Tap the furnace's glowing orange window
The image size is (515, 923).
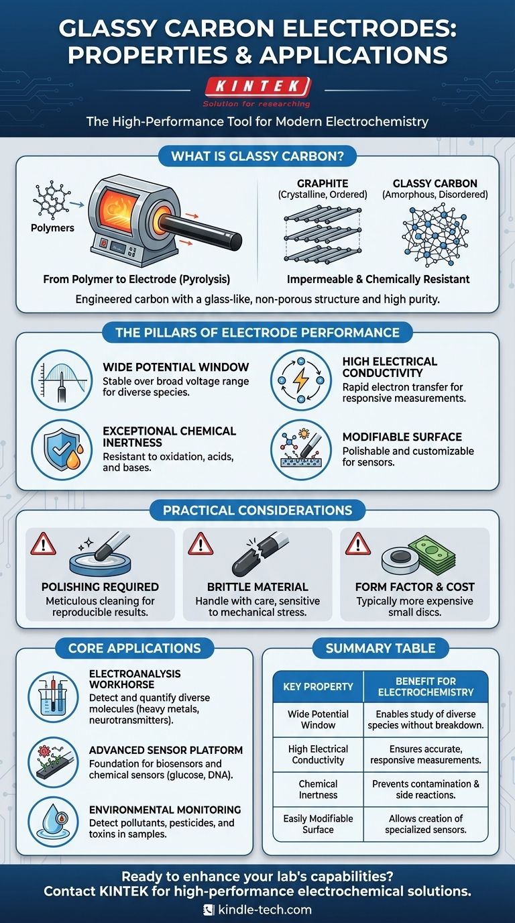pos(120,209)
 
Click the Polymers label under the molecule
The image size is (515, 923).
pos(52,228)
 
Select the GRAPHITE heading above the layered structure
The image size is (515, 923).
pos(323,183)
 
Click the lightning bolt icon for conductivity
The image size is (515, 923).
pos(301,380)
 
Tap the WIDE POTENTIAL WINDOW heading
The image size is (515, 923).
pos(176,367)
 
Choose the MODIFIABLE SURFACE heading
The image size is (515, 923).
pos(402,437)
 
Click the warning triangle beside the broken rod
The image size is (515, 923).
pos(201,544)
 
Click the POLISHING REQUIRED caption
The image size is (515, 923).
pos(100,587)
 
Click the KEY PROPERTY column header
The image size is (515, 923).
pos(318,686)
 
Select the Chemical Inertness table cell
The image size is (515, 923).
pos(318,790)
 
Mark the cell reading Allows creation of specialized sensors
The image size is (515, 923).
pos(426,824)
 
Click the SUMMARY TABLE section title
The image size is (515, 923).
pos(381,648)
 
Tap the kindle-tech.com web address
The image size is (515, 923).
pos(264,910)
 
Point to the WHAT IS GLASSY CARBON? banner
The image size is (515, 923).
pos(257,156)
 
